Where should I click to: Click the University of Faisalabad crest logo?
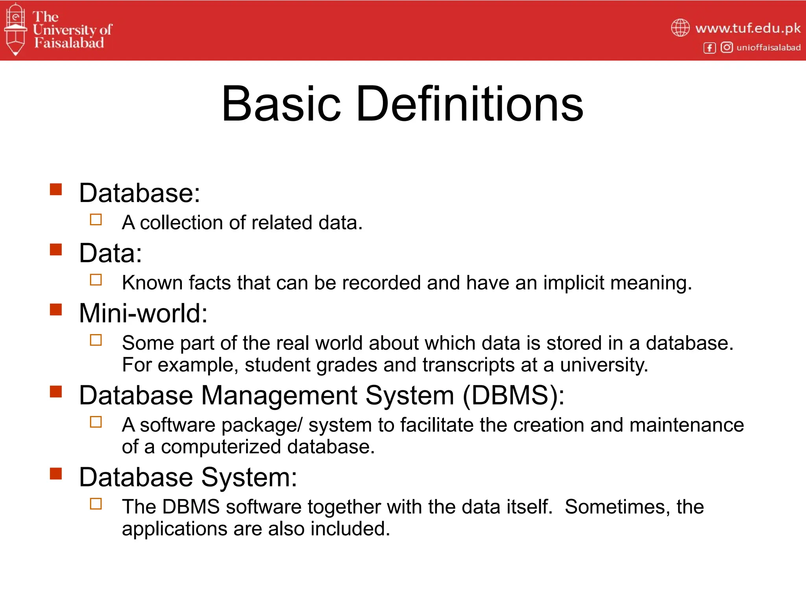point(15,30)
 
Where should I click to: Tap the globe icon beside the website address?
point(680,28)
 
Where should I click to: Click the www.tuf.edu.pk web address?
point(748,28)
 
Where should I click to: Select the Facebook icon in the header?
point(709,48)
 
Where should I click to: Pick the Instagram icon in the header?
point(727,48)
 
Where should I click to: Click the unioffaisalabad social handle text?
point(768,48)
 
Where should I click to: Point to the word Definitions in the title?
point(470,104)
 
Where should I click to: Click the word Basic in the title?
point(281,104)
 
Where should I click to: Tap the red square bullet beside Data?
point(56,250)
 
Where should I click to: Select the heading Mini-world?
point(143,314)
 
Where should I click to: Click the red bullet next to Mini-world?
point(56,310)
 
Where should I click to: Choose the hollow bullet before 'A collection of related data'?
point(96,219)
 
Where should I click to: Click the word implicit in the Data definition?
point(573,283)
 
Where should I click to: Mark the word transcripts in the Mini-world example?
point(468,365)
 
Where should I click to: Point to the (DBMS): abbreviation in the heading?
point(513,395)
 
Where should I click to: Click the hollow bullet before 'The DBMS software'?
point(96,504)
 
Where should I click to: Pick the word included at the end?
point(350,529)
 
